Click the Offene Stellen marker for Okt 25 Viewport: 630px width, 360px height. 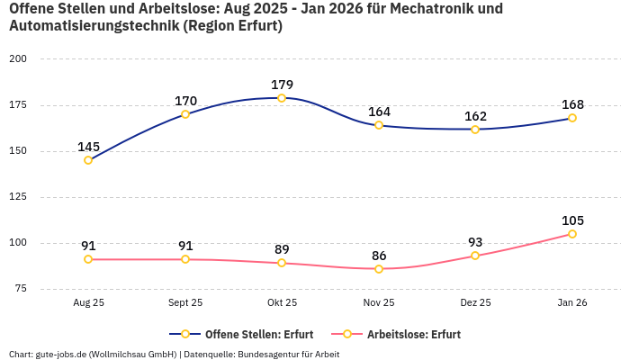pos(282,98)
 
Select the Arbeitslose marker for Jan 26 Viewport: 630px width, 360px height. pos(572,234)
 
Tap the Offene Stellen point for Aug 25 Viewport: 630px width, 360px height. pos(88,160)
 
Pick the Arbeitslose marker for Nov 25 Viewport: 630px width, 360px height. pos(379,269)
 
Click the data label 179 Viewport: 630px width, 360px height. pos(282,85)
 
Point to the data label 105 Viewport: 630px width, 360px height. pos(572,220)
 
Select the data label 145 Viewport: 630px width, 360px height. pos(88,147)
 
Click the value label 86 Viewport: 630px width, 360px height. pos(379,256)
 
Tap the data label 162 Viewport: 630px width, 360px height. pos(475,116)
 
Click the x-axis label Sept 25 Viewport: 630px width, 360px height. pos(185,303)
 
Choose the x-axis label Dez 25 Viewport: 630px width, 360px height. pos(475,303)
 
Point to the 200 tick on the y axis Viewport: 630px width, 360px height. pos(18,58)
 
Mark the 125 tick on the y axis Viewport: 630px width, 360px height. pos(18,197)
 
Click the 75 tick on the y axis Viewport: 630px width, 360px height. pos(21,289)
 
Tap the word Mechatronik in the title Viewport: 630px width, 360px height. pos(439,9)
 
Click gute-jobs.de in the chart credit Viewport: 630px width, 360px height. pos(62,354)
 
